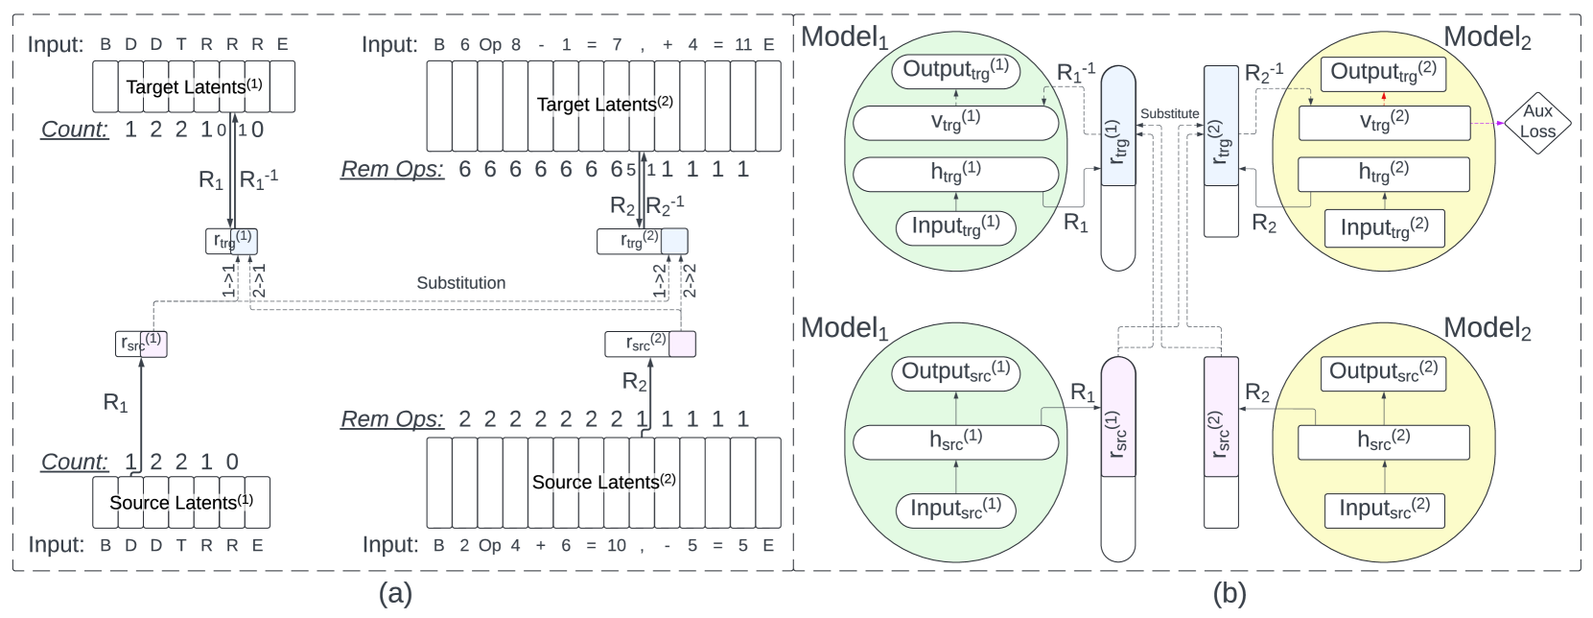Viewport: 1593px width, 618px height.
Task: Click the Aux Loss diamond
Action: (1537, 123)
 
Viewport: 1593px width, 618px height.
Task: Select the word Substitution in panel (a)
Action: (461, 283)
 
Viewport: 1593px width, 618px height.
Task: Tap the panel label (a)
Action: (395, 593)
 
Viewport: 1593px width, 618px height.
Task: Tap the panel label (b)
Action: (1230, 593)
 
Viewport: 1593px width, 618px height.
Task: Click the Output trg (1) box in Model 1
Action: (956, 72)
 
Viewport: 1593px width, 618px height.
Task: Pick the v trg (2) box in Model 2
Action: (1384, 123)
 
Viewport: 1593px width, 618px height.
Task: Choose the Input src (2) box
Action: (1384, 511)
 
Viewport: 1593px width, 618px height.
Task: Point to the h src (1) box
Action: (956, 442)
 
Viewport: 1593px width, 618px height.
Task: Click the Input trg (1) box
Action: (956, 227)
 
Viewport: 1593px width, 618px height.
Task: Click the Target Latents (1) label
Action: (194, 87)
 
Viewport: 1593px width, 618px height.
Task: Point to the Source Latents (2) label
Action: (604, 482)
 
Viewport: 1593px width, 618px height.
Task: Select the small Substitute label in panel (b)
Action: (1170, 114)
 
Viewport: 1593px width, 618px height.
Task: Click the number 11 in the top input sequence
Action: (743, 45)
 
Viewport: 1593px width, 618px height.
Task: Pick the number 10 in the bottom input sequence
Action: (616, 545)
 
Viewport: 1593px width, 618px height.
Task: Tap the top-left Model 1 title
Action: (845, 37)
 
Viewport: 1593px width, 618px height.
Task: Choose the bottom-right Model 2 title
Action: (1488, 329)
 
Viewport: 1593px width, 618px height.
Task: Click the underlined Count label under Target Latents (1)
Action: (75, 130)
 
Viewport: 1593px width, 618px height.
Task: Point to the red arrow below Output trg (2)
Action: (1384, 99)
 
